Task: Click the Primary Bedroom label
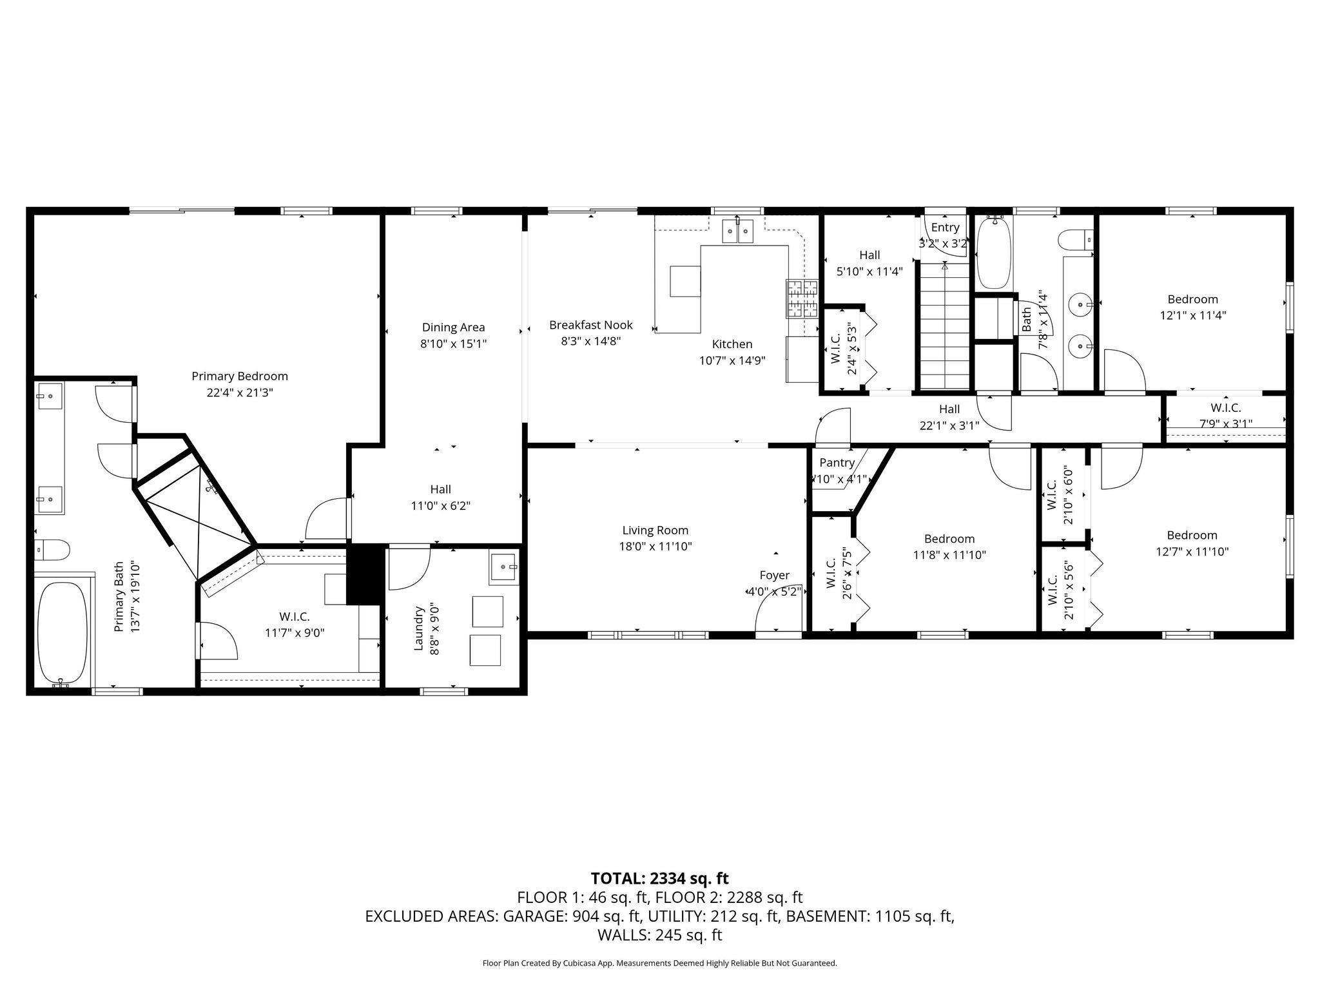pyautogui.click(x=239, y=376)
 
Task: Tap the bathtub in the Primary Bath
pyautogui.click(x=62, y=632)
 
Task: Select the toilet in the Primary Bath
pyautogui.click(x=53, y=550)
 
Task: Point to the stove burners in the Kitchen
pyautogui.click(x=801, y=298)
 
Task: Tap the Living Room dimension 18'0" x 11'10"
pyautogui.click(x=655, y=547)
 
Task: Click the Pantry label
pyautogui.click(x=837, y=463)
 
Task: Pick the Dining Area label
pyautogui.click(x=453, y=327)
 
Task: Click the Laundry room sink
pyautogui.click(x=503, y=567)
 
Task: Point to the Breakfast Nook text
pyautogui.click(x=590, y=325)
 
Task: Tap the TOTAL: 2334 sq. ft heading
pyautogui.click(x=659, y=878)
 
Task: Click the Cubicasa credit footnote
pyautogui.click(x=659, y=964)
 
